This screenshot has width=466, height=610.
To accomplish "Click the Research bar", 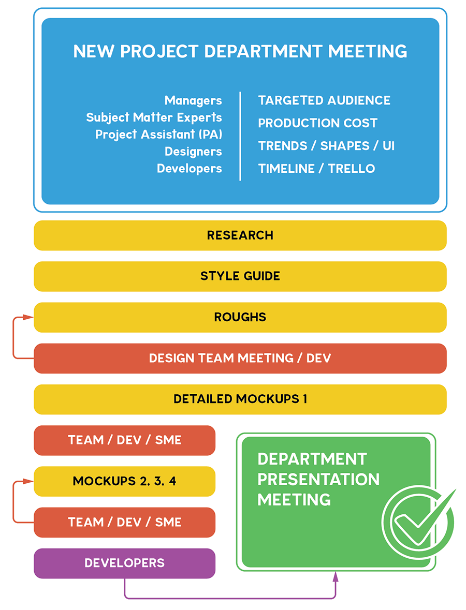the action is [240, 235].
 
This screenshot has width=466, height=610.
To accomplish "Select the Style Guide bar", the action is [240, 276].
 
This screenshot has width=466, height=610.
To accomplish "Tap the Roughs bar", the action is [240, 317].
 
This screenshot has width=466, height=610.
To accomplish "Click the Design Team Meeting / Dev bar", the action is [240, 358].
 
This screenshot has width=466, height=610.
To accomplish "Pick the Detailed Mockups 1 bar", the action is [240, 399].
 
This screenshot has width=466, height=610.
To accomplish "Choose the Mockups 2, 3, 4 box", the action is [124, 481].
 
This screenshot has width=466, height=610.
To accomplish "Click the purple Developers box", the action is [124, 563].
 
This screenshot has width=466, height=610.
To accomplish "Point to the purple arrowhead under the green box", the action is [336, 576].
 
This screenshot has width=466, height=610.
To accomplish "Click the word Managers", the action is [193, 100].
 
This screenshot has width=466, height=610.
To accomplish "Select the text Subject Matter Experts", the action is [154, 117].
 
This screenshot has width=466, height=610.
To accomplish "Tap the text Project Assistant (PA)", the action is [158, 135].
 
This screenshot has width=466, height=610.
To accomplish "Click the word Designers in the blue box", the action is [193, 152].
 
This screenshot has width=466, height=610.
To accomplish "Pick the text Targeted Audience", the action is [324, 100].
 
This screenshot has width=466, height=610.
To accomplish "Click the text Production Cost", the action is [317, 123].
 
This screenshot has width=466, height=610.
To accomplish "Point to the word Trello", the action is [352, 169].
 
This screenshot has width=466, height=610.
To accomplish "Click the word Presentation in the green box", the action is [318, 479].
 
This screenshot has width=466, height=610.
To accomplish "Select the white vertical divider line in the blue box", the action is [240, 136].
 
